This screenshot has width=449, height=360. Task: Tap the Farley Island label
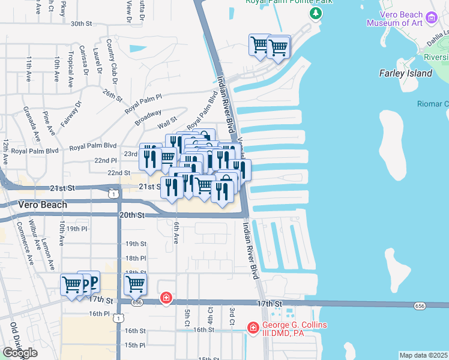[x=405, y=73]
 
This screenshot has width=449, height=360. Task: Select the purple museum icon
[x=432, y=19]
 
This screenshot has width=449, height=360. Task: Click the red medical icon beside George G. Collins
[x=253, y=328]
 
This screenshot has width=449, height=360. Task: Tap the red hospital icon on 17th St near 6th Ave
[x=166, y=298]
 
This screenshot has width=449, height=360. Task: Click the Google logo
[x=20, y=353]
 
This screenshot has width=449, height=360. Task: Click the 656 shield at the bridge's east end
[x=419, y=306]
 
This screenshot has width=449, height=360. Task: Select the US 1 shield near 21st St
[x=112, y=193]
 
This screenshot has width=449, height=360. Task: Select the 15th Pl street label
[x=135, y=345]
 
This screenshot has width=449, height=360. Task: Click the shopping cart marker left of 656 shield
[x=136, y=284]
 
